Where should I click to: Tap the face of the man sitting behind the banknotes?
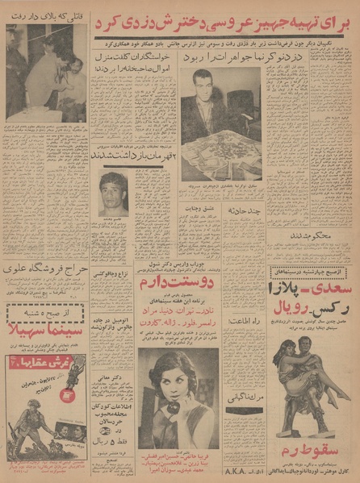tap(197, 103)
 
